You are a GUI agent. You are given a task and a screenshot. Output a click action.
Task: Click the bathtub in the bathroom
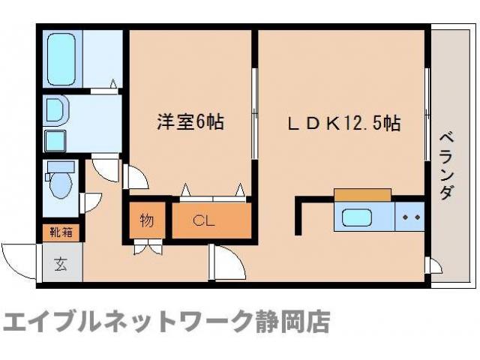pyautogui.click(x=62, y=58)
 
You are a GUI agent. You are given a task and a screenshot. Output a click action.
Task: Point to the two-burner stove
pyautogui.click(x=410, y=217)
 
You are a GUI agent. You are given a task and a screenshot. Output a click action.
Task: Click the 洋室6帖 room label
pyautogui.click(x=190, y=121)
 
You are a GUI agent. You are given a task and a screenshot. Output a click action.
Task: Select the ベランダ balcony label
pyautogui.click(x=446, y=165)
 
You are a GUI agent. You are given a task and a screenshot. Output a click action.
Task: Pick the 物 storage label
pyautogui.click(x=147, y=220)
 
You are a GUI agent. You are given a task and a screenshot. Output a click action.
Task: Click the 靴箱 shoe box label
pyautogui.click(x=61, y=232)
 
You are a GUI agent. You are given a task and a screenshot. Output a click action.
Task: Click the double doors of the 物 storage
pyautogui.click(x=147, y=246)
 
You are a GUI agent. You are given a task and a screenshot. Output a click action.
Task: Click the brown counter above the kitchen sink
pyautogui.click(x=363, y=195)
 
